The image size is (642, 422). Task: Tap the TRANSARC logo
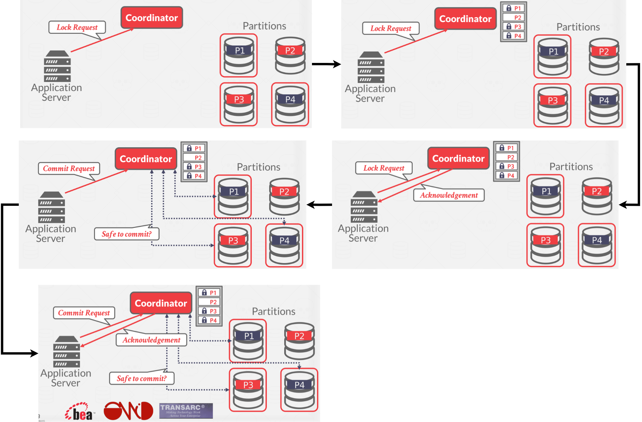coord(186,411)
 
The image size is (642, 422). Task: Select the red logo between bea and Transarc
coord(128,411)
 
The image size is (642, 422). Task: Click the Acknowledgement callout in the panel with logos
coord(151,340)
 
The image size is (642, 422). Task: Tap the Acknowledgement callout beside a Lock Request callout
coord(449,195)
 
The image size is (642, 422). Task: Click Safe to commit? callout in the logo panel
coord(141,378)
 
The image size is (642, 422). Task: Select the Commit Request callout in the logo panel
coord(84,313)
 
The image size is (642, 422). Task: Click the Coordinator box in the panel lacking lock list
coord(151,18)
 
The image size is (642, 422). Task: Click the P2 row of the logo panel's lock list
coord(209,302)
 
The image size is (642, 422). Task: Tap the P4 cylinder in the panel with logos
coord(299,390)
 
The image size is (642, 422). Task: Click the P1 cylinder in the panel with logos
coord(248,341)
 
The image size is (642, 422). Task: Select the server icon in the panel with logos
coord(67,352)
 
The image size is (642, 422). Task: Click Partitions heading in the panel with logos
coord(274,311)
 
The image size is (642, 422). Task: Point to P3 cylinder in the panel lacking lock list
coord(239,104)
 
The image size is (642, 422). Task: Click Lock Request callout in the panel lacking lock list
coord(77,27)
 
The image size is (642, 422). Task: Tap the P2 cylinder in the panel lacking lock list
coord(290,56)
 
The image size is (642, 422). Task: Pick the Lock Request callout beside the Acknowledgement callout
coord(384,168)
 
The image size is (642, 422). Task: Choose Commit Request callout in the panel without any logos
coord(69,168)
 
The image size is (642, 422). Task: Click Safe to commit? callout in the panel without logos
coord(126,234)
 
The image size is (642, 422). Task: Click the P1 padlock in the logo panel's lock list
coord(204,292)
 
